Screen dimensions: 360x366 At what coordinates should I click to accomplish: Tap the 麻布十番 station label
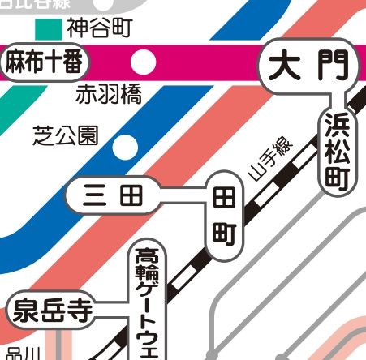[x=45, y=62]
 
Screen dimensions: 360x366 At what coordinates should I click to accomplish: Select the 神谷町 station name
[x=100, y=29]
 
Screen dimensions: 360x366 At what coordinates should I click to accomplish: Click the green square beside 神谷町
[x=50, y=29]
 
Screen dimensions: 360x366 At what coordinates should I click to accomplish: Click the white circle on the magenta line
[x=144, y=61]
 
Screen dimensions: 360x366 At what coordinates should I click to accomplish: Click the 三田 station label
[x=113, y=196]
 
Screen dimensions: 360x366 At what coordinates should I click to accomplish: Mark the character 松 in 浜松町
[x=336, y=152]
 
